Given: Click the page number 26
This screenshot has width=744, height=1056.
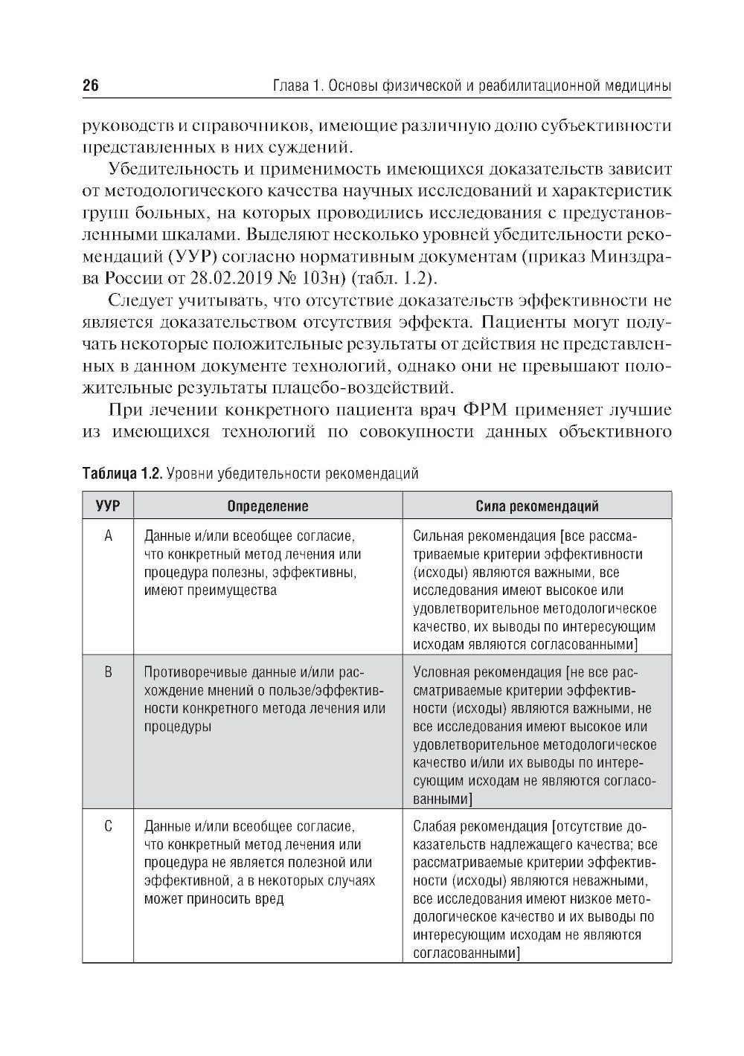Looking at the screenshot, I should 90,86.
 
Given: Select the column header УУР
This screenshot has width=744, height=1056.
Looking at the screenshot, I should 107,506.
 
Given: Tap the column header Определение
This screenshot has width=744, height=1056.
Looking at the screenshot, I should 267,506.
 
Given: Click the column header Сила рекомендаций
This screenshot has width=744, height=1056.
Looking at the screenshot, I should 536,506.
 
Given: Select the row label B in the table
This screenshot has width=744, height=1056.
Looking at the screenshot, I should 108,673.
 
